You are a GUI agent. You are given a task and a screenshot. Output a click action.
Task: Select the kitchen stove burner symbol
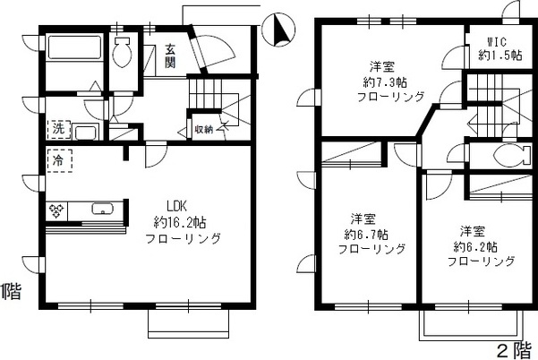[57, 211]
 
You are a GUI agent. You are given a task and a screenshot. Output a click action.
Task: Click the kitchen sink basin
[103, 211]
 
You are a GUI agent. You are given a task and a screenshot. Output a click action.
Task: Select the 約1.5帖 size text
[497, 56]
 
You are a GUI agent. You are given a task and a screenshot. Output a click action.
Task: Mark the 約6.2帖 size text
[474, 246]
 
